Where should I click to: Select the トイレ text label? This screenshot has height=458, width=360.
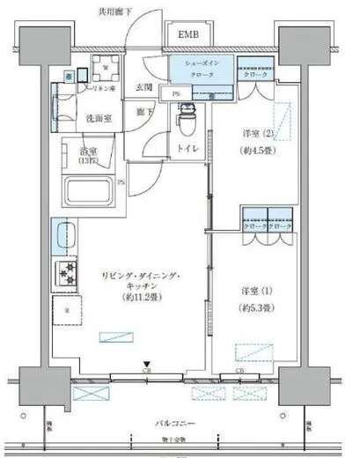(x=187, y=149)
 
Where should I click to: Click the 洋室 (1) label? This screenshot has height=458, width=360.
(x=256, y=291)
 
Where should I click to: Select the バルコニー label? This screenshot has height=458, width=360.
(x=179, y=424)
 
